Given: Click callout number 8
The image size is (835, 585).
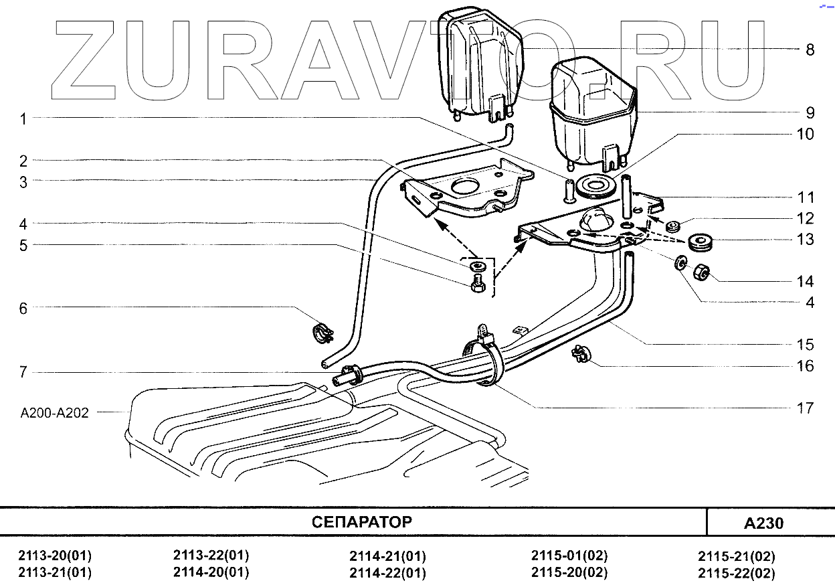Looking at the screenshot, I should pyautogui.click(x=810, y=50).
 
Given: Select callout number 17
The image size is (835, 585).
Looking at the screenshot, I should pyautogui.click(x=805, y=407).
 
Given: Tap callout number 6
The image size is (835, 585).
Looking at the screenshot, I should pyautogui.click(x=23, y=308).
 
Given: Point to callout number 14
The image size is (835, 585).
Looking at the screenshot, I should pyautogui.click(x=805, y=281).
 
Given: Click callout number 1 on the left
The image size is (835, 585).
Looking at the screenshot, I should pyautogui.click(x=23, y=119).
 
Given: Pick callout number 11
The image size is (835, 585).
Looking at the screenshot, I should pyautogui.click(x=805, y=197).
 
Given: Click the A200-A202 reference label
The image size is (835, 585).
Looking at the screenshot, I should pyautogui.click(x=55, y=413).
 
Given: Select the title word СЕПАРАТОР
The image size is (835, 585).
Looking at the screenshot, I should pyautogui.click(x=361, y=522).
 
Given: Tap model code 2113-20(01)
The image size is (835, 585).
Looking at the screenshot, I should pyautogui.click(x=55, y=556).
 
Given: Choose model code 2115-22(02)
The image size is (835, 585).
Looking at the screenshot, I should pyautogui.click(x=736, y=574).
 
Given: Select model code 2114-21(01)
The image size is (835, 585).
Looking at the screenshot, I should pyautogui.click(x=387, y=556).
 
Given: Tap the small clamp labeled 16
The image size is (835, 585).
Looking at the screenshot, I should pyautogui.click(x=579, y=354).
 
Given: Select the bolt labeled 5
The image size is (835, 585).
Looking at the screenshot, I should pyautogui.click(x=478, y=284).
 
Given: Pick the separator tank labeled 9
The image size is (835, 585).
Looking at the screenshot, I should pyautogui.click(x=591, y=117).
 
